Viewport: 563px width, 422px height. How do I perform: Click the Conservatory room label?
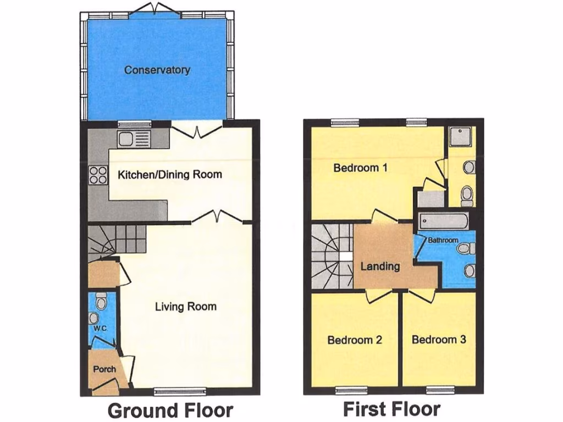tap(157, 70)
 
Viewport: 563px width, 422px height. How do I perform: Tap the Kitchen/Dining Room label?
tap(170, 175)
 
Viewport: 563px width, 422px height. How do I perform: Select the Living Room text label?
tap(185, 306)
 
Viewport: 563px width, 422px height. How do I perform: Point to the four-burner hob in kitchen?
tap(98, 175)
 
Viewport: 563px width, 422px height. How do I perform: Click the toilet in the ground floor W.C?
tap(101, 302)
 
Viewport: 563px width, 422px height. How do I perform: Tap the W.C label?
tap(100, 329)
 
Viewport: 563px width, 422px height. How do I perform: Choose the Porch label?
tap(104, 369)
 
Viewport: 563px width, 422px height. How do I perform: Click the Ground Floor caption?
tap(170, 410)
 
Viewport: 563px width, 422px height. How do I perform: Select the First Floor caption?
tap(391, 409)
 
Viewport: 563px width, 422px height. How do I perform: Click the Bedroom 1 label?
tap(360, 168)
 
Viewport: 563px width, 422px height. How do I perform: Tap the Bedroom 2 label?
tap(355, 340)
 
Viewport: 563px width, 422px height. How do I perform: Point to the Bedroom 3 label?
tap(439, 340)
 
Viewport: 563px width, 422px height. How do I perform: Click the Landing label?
tap(380, 266)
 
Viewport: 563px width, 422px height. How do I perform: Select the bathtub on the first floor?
tap(443, 223)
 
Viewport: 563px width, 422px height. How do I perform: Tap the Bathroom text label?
tap(443, 240)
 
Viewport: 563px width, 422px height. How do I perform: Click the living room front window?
tap(180, 391)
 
